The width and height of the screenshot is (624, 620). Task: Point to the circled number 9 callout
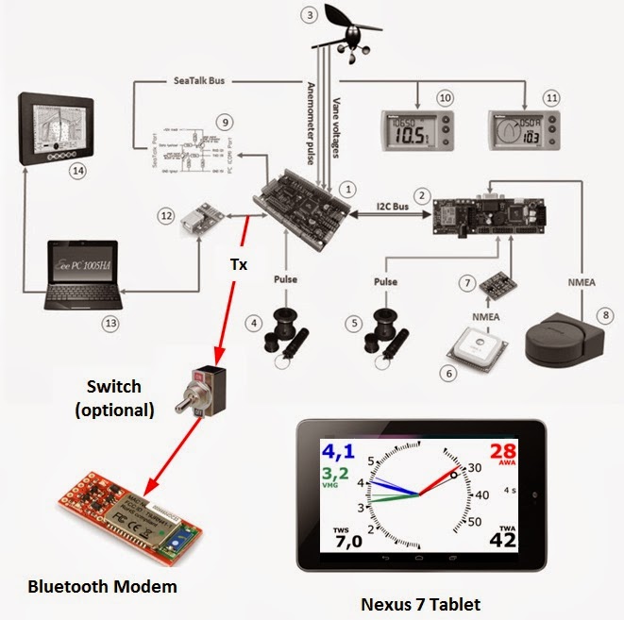pos(223,122)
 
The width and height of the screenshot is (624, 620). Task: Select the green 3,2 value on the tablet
pos(336,475)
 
